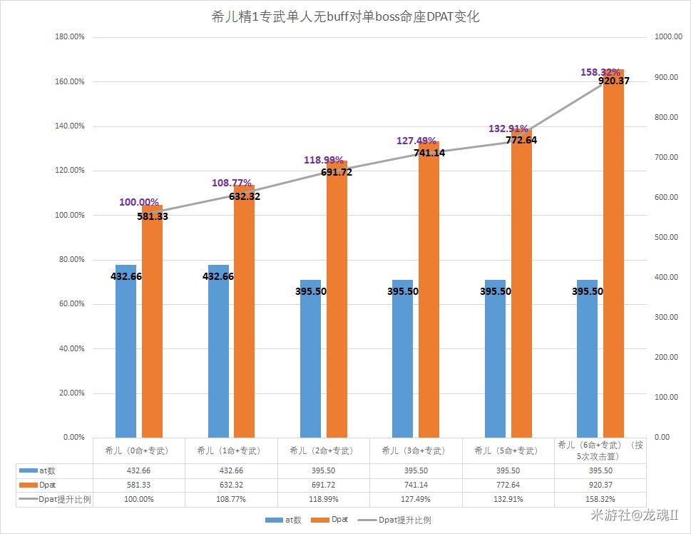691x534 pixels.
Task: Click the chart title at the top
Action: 345,17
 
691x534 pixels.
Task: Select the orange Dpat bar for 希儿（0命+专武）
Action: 152,321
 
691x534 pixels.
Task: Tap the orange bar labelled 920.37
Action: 613,253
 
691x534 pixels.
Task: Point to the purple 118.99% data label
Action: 324,160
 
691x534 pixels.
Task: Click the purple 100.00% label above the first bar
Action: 139,202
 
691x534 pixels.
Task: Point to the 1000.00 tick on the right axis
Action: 668,37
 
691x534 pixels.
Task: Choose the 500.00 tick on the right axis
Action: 666,237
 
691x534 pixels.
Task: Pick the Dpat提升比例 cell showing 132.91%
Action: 508,499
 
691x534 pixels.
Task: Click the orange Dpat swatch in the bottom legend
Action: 322,520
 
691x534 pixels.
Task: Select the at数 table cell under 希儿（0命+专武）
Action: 139,470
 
